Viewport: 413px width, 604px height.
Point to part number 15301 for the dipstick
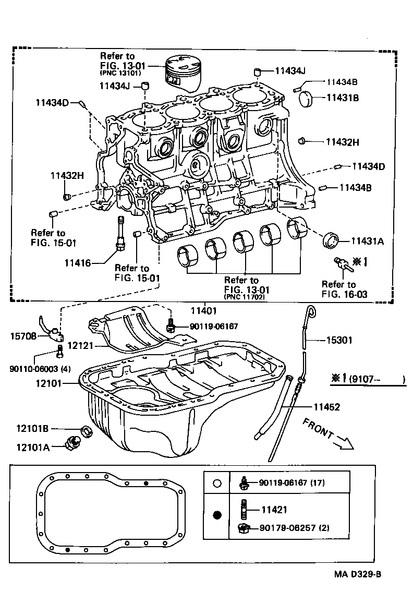[x=339, y=340]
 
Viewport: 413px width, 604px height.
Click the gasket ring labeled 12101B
[x=87, y=431]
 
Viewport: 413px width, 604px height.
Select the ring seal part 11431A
[x=331, y=240]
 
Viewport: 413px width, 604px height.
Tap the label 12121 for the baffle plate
[x=80, y=346]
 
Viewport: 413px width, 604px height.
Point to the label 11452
[x=327, y=407]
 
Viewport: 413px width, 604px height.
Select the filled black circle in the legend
[x=218, y=515]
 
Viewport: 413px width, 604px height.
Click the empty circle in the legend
[x=218, y=483]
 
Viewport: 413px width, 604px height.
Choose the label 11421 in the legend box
[x=274, y=510]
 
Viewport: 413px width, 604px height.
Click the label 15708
[x=23, y=336]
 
